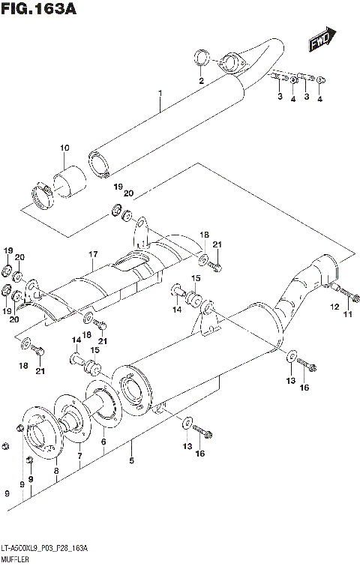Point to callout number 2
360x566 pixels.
[x=201, y=80]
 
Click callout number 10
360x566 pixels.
[x=64, y=147]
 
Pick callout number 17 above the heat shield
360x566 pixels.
[x=91, y=254]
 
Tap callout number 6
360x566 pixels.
[x=103, y=442]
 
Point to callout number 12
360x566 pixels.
[x=335, y=306]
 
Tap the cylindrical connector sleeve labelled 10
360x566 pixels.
[x=70, y=183]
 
